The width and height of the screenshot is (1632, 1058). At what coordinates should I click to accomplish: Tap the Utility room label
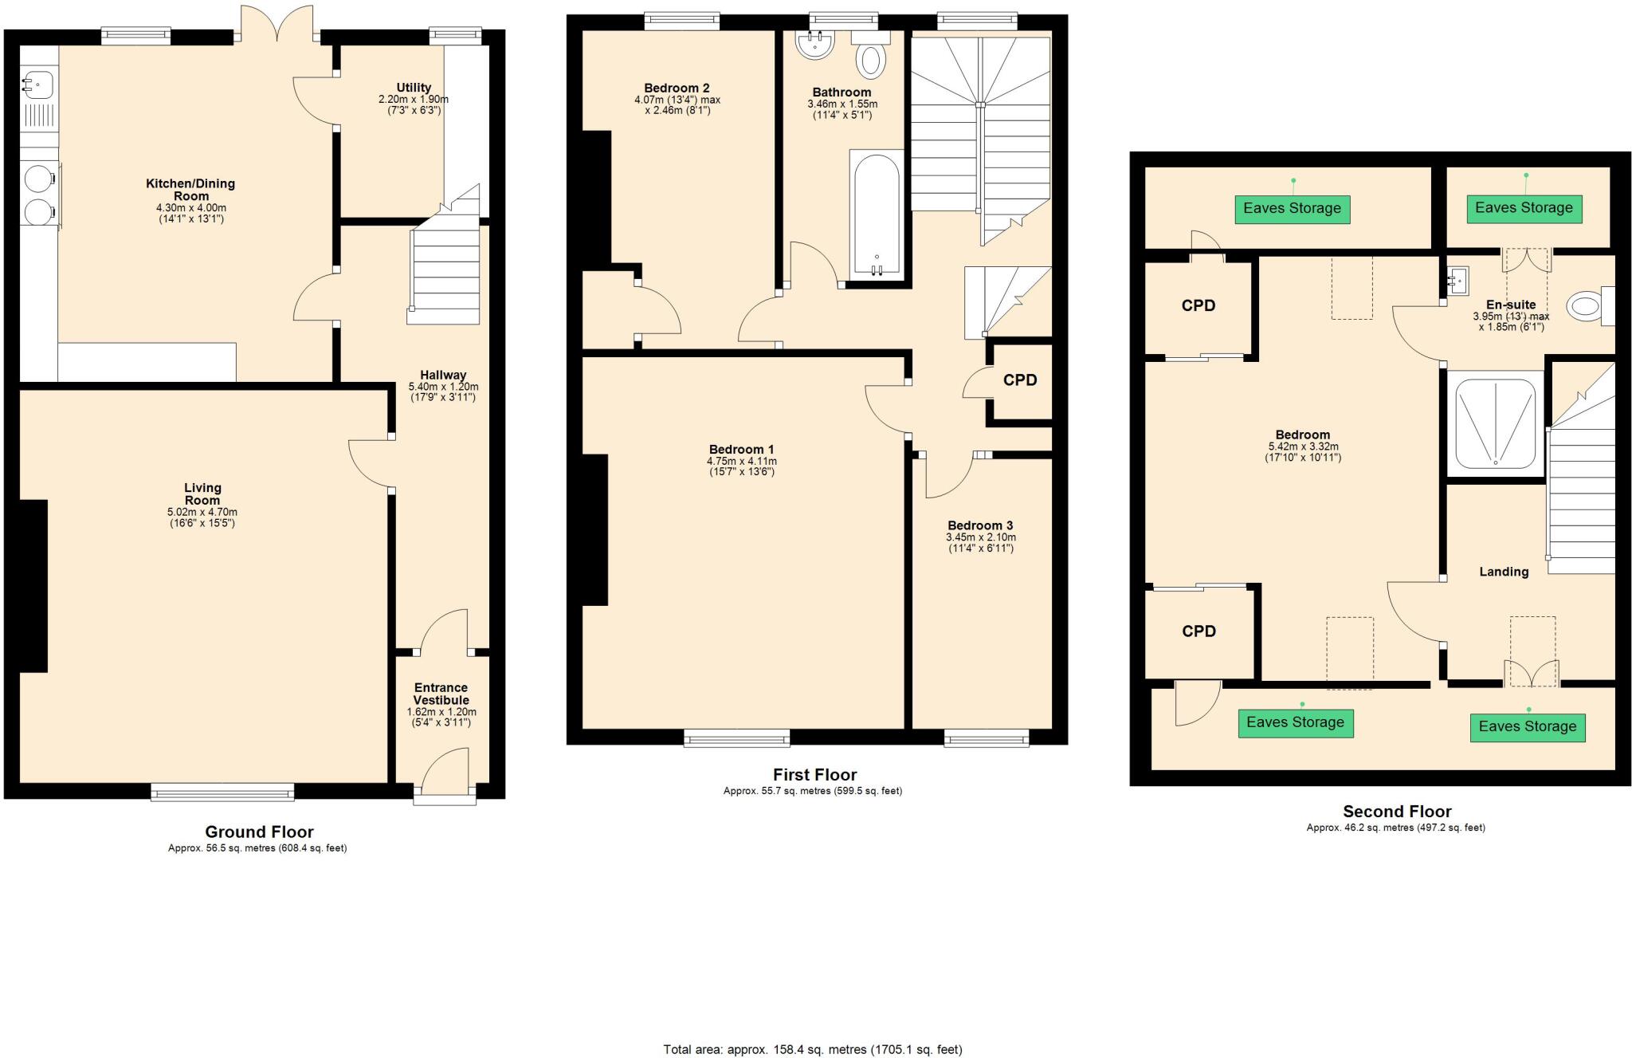[414, 88]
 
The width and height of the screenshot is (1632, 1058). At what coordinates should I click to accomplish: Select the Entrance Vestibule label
[441, 694]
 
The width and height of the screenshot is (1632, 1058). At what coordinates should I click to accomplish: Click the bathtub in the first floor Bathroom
[877, 214]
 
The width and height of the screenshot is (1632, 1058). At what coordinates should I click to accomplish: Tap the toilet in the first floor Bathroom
[871, 60]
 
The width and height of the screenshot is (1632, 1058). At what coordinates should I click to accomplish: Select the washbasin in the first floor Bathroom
[814, 46]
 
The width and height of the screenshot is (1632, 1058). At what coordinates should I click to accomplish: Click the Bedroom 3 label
[980, 525]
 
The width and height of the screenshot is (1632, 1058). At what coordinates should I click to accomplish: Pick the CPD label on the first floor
[1020, 380]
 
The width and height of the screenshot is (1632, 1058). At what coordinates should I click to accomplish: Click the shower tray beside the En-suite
[1495, 423]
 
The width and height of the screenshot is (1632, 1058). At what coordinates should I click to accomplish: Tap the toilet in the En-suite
[1585, 306]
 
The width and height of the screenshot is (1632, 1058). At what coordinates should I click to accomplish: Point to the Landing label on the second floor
[1504, 572]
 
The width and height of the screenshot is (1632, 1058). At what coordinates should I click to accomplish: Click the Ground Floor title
[260, 832]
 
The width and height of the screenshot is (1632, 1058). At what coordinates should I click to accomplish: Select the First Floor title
[814, 775]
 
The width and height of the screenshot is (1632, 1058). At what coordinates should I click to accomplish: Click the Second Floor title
[1397, 812]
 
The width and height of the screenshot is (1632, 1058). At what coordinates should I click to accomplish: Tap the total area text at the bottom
[813, 1049]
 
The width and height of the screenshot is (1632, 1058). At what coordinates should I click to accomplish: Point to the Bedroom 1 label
[741, 450]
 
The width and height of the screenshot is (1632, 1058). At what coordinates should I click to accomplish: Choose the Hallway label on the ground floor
[443, 375]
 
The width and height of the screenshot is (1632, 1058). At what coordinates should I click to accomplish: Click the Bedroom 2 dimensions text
[677, 105]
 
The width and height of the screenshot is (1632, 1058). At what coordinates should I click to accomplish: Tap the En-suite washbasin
[1459, 281]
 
